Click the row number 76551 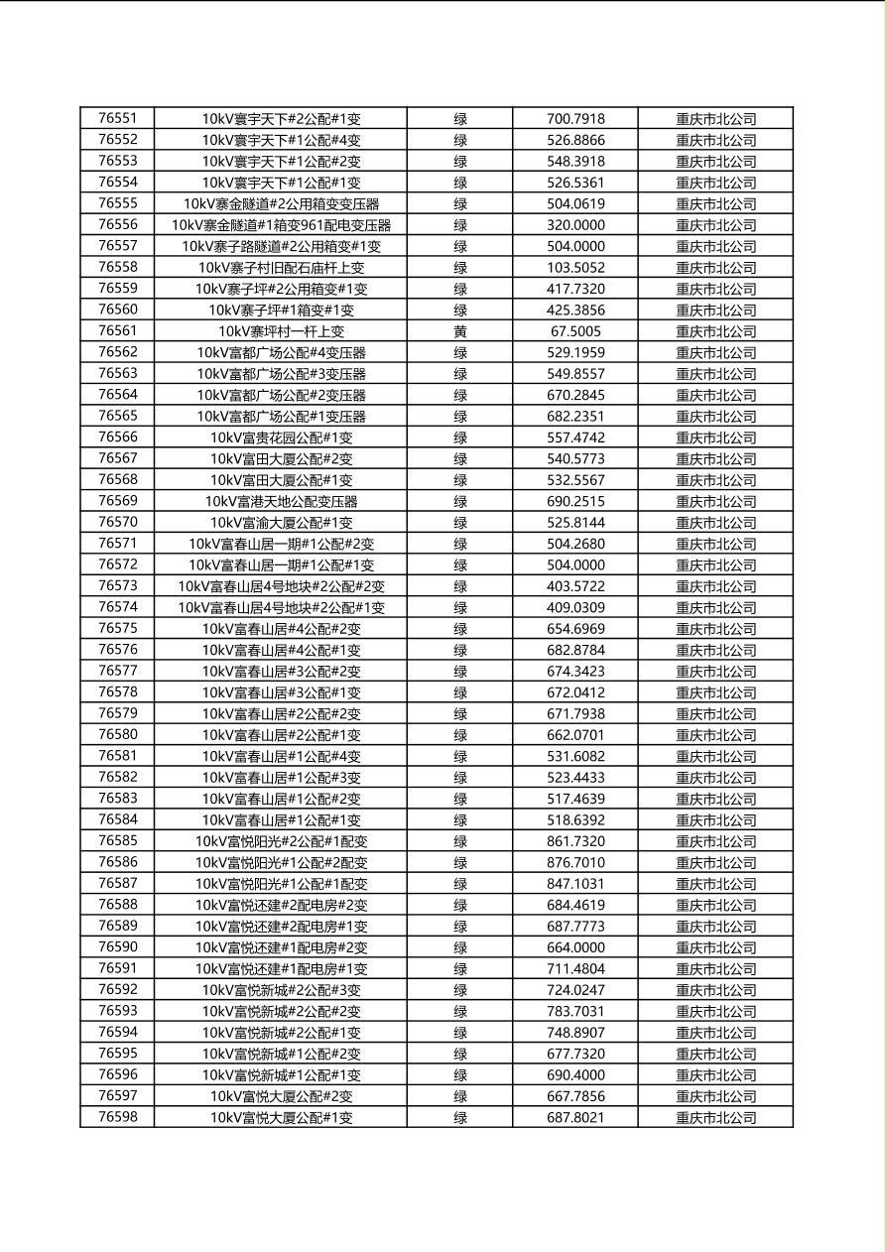[118, 118]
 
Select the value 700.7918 [575, 119]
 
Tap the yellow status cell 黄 [460, 331]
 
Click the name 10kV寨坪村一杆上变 [281, 331]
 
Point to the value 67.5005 [575, 331]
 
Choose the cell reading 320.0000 [575, 225]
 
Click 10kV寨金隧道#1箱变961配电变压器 [281, 225]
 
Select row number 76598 [118, 1117]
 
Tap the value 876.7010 [575, 862]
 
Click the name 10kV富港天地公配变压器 [281, 501]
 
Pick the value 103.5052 [575, 268]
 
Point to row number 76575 [118, 628]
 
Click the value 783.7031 [575, 1011]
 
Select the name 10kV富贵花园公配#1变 [281, 438]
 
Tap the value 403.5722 [575, 586]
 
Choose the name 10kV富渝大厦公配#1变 [281, 523]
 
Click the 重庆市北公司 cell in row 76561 [715, 331]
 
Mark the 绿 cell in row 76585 [460, 841]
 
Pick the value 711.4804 [575, 968]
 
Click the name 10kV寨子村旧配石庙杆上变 [281, 268]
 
